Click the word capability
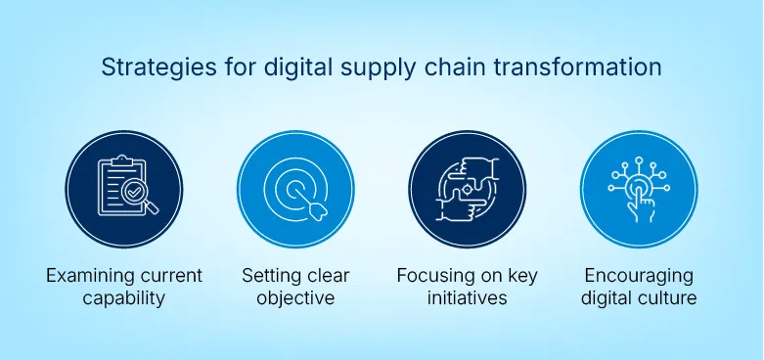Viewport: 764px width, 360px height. [124, 298]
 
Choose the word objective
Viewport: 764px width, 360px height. [295, 298]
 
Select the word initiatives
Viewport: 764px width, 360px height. [467, 298]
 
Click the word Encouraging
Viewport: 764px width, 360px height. [638, 276]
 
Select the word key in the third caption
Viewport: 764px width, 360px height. [521, 276]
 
